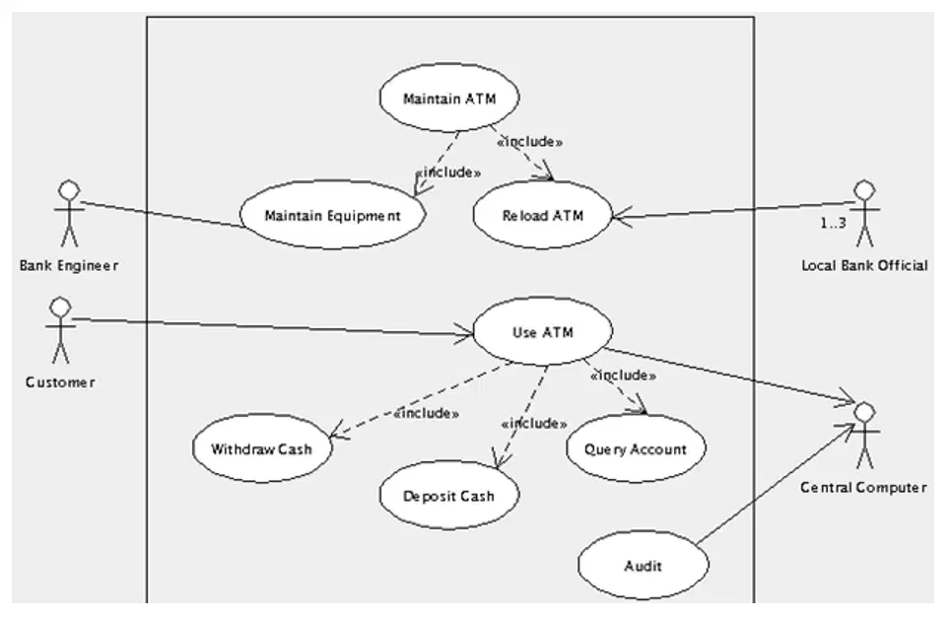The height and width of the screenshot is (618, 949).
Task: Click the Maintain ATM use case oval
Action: coord(449,98)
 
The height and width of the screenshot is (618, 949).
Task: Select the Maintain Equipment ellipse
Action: coord(333,215)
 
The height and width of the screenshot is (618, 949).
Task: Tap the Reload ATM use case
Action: coord(542,215)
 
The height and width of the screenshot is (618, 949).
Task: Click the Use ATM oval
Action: coord(542,332)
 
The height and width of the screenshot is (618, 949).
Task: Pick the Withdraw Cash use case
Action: coord(262,448)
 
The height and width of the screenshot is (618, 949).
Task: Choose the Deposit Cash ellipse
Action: coord(449,495)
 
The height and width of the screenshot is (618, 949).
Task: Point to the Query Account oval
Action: coord(636,448)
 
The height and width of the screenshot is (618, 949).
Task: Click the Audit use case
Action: coord(643,566)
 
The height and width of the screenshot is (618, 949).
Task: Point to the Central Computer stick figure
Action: coord(865,436)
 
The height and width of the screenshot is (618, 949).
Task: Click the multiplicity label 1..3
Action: coord(834,224)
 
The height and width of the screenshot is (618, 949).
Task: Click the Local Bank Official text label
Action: coord(864,265)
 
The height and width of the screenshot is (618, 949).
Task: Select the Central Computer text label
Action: coord(863,487)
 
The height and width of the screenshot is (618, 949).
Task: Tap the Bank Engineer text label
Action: coord(68,265)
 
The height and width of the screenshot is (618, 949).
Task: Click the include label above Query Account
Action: coord(624,376)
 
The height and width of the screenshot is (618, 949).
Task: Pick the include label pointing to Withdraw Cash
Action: coord(426,413)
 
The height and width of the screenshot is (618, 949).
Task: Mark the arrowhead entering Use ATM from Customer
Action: coord(465,333)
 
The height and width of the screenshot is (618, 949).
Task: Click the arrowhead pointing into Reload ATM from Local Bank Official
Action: coord(622,216)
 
